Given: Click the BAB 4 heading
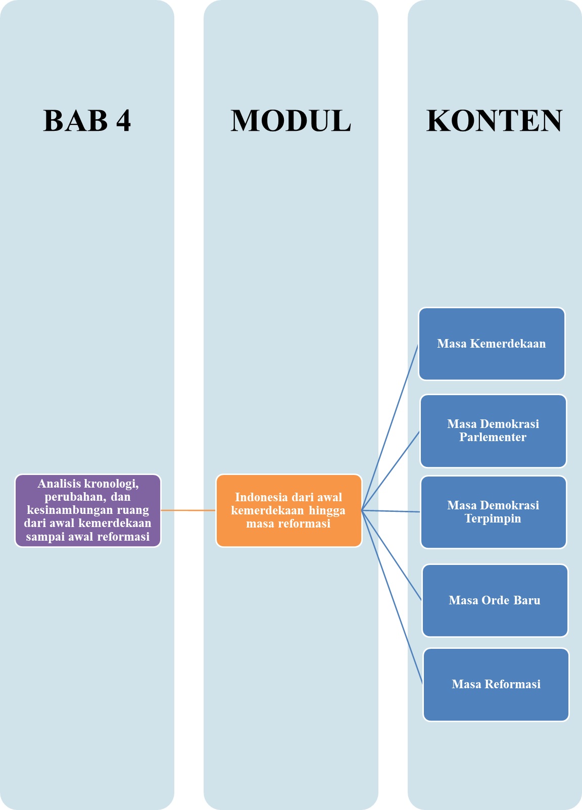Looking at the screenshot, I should [x=87, y=121].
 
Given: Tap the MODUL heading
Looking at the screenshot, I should [x=290, y=121].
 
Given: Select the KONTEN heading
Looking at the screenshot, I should [x=494, y=121].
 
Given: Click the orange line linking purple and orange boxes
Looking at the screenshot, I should [x=188, y=510].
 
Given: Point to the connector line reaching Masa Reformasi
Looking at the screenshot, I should [x=392, y=597].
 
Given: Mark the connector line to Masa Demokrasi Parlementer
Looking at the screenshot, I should [x=391, y=471].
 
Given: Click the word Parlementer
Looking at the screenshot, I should [x=493, y=438].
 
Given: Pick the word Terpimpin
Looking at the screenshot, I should [x=493, y=519].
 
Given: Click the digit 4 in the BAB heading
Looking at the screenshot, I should [x=123, y=121].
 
